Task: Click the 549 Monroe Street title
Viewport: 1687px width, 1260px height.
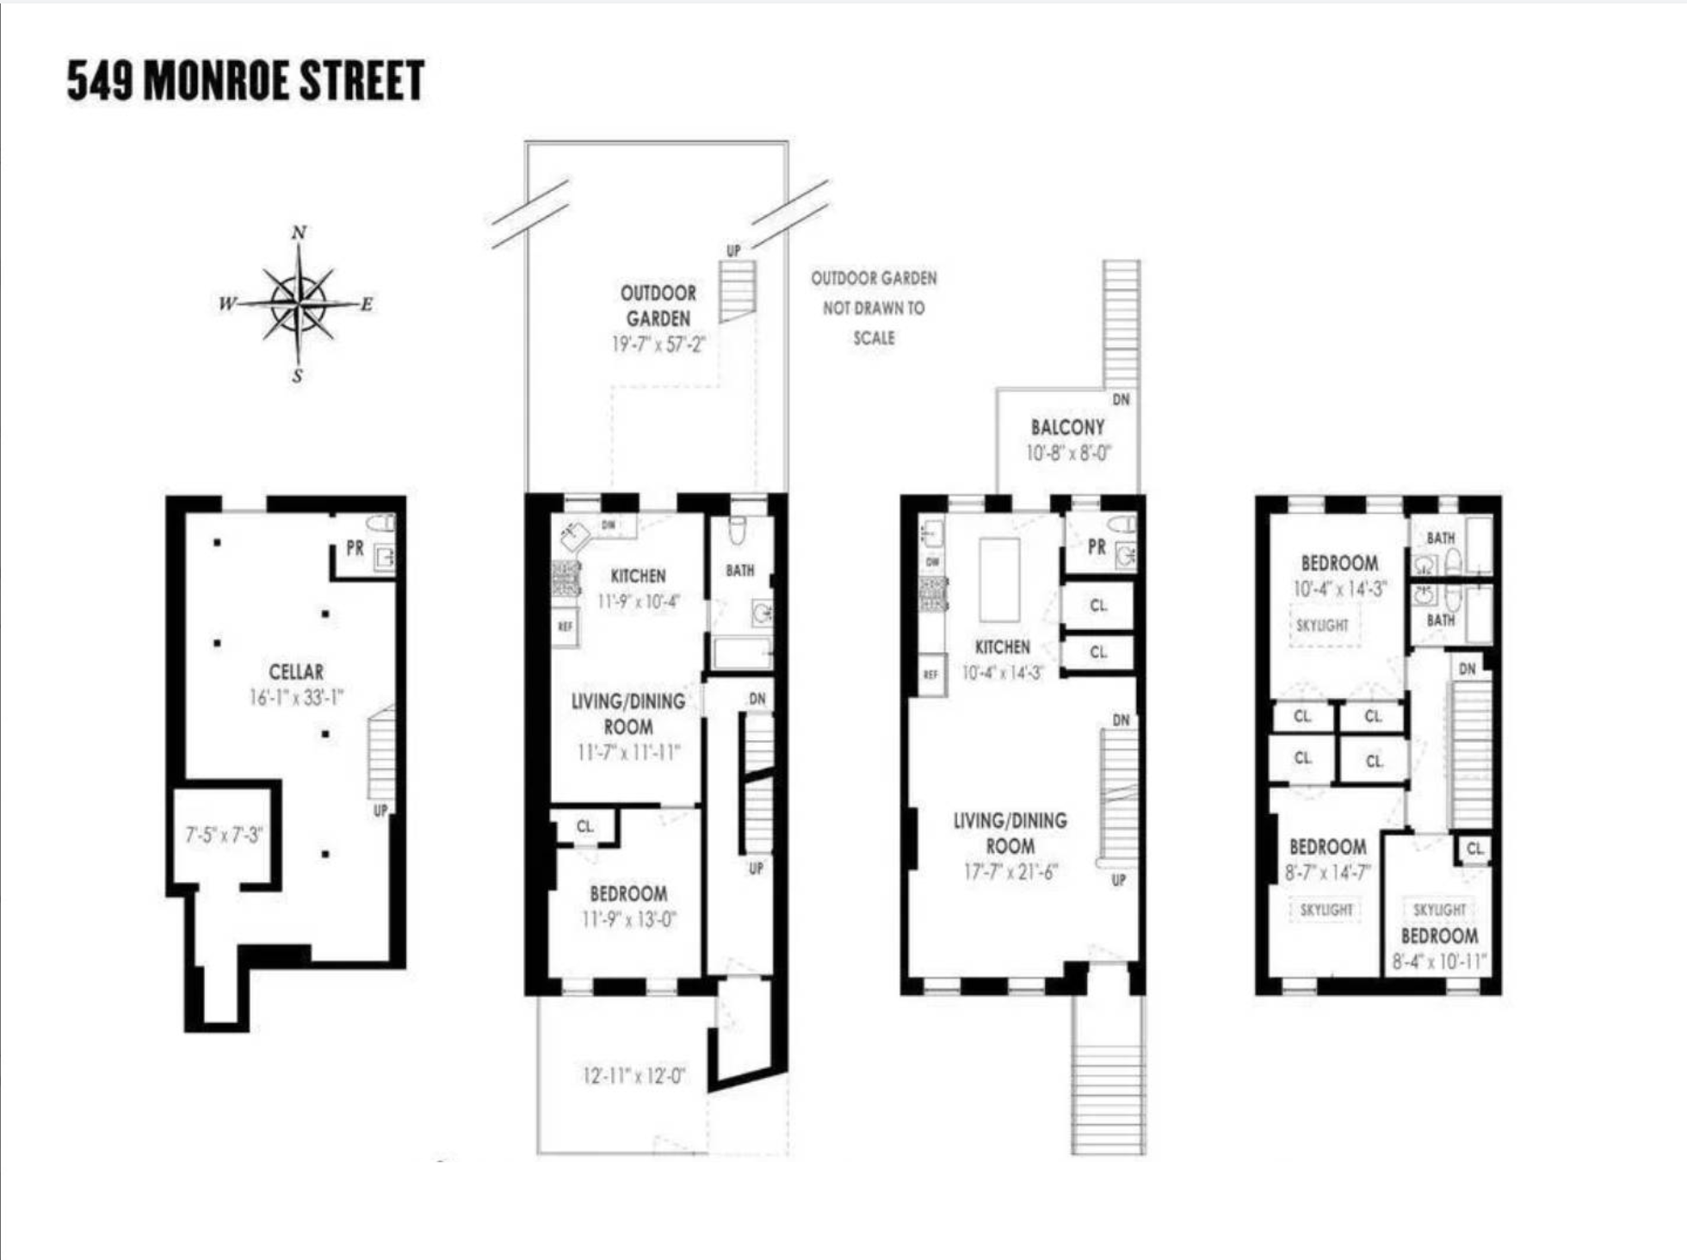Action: pyautogui.click(x=245, y=80)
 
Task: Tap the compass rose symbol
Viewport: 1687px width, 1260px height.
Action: pyautogui.click(x=298, y=303)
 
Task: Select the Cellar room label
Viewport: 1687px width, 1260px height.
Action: pyautogui.click(x=296, y=671)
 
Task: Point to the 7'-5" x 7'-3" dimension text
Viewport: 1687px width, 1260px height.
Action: pyautogui.click(x=224, y=835)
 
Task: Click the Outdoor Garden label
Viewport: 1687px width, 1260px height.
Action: pyautogui.click(x=658, y=306)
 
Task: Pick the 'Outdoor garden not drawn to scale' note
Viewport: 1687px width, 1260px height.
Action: pyautogui.click(x=874, y=307)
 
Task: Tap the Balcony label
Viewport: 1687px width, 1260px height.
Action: pyautogui.click(x=1067, y=427)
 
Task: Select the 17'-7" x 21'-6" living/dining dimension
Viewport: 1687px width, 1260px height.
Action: pyautogui.click(x=1010, y=872)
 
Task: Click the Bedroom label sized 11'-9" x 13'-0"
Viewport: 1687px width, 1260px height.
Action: pyautogui.click(x=628, y=893)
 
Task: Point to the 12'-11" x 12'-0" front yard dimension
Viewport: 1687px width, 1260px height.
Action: pyautogui.click(x=633, y=1076)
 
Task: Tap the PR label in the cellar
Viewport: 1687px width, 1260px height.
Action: pyautogui.click(x=355, y=548)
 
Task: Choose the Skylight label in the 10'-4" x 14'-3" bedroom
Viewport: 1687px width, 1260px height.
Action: pyautogui.click(x=1323, y=626)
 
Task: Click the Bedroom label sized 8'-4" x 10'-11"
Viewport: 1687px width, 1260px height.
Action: pyautogui.click(x=1439, y=936)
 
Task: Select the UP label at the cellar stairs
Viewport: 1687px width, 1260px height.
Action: pyautogui.click(x=380, y=810)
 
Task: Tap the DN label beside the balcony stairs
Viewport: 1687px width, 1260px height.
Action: pyautogui.click(x=1121, y=399)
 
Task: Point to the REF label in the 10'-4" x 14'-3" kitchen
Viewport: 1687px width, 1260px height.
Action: pyautogui.click(x=930, y=675)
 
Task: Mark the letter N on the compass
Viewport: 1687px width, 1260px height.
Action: pyautogui.click(x=299, y=232)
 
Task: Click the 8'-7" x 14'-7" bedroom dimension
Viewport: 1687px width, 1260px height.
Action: pyautogui.click(x=1327, y=873)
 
